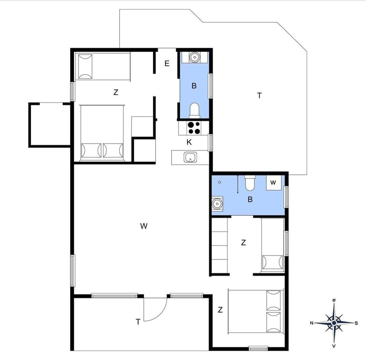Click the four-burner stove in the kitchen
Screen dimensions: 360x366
coord(194,128)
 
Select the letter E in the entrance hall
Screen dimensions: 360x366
coord(167,64)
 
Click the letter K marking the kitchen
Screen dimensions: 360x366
coord(189,142)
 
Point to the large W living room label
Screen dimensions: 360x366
coord(143,226)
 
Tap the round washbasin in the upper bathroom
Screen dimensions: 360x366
coord(194,57)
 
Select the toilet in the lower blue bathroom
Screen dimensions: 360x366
coord(250,183)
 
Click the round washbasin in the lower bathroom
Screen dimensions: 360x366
coord(217,203)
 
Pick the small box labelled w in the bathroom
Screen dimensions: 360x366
coord(273,182)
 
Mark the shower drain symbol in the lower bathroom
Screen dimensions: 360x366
coord(220,182)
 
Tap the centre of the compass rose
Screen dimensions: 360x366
coord(334,323)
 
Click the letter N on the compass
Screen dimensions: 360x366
coord(312,323)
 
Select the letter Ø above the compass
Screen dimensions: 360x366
coord(334,301)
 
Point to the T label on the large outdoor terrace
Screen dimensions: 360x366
coord(259,96)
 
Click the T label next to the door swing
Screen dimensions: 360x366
coord(138,322)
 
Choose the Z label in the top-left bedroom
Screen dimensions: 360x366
coord(116,92)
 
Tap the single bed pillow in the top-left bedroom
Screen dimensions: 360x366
coord(85,67)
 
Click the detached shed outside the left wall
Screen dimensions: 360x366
coord(50,124)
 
